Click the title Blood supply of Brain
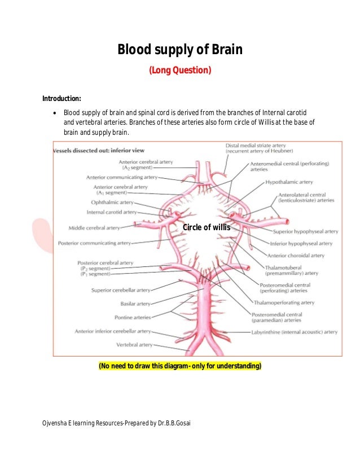[x=179, y=50]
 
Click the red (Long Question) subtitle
[x=179, y=71]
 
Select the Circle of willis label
[x=207, y=227]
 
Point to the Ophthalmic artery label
[x=113, y=202]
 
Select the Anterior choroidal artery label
[x=296, y=255]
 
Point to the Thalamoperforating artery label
[x=284, y=302]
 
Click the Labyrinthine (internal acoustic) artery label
[x=294, y=332]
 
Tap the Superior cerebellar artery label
[x=121, y=290]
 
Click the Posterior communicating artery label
[x=94, y=243]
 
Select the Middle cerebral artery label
[x=94, y=228]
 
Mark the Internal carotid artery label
[x=112, y=212]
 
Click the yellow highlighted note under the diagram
[x=180, y=366]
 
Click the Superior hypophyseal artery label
[x=305, y=231]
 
